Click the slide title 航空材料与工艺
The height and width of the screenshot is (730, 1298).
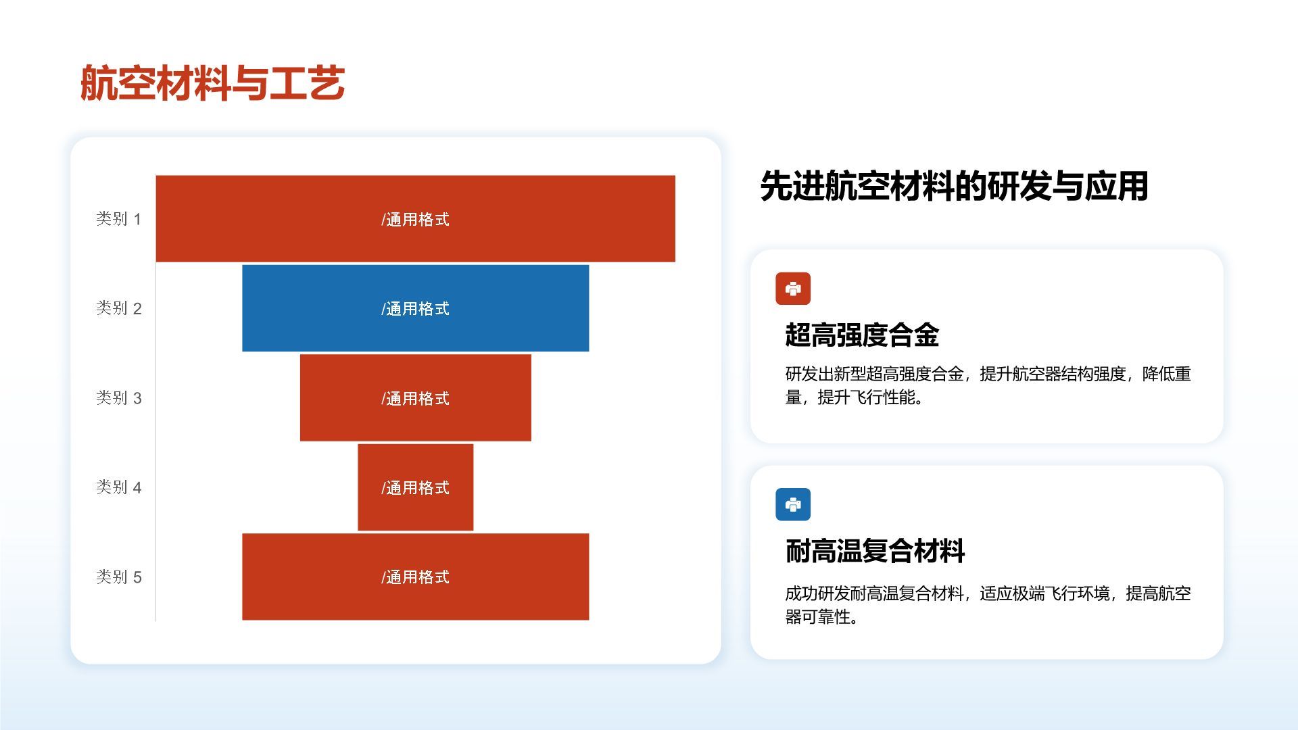(x=212, y=83)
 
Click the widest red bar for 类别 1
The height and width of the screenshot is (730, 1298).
(x=270, y=218)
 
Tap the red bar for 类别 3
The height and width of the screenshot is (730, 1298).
(x=338, y=398)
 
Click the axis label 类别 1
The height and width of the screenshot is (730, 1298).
(x=118, y=219)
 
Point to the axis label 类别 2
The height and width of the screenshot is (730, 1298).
(x=118, y=308)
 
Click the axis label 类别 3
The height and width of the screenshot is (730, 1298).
(x=118, y=398)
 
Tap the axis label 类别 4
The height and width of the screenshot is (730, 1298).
(x=118, y=487)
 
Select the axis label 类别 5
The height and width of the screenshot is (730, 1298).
(x=118, y=577)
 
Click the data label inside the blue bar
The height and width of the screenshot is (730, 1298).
(x=415, y=309)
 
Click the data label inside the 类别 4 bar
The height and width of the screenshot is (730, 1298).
(x=415, y=488)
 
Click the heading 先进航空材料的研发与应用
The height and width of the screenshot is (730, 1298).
(x=954, y=186)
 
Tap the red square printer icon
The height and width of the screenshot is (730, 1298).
(x=793, y=289)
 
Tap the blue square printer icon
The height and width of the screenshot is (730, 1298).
(x=793, y=504)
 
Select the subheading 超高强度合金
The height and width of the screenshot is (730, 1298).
(x=862, y=335)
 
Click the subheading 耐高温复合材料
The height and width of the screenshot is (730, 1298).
(x=875, y=551)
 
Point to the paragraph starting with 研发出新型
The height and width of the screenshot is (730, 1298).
(x=987, y=385)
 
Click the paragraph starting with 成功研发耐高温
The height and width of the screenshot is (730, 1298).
(x=987, y=605)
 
